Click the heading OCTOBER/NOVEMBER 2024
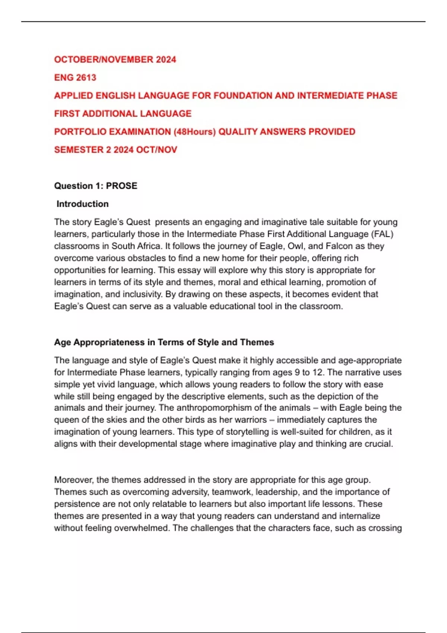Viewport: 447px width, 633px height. click(x=115, y=60)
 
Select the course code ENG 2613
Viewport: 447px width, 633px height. click(x=75, y=77)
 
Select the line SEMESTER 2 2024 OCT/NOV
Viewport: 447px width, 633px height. click(x=115, y=150)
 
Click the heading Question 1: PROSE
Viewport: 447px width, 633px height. click(x=96, y=186)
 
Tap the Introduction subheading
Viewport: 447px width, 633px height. click(x=82, y=204)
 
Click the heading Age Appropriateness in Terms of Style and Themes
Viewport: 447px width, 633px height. click(x=164, y=342)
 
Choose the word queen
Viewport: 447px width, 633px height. click(x=66, y=420)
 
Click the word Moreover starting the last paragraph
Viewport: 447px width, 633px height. click(x=74, y=480)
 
